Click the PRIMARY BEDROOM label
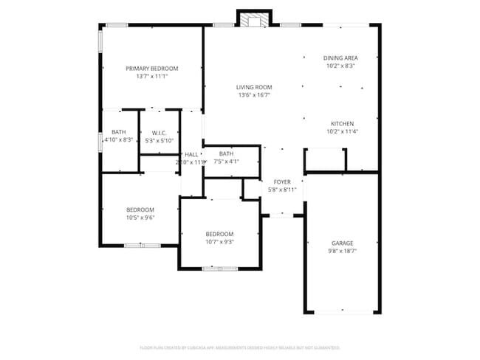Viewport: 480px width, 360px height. [x=151, y=69]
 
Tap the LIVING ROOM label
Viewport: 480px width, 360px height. [x=254, y=87]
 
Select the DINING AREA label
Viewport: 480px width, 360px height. [x=340, y=58]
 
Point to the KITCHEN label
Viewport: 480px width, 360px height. [x=341, y=124]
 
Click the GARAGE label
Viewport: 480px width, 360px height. [x=342, y=243]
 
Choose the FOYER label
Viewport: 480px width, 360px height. [x=282, y=181]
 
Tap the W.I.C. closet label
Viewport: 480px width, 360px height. [x=159, y=133]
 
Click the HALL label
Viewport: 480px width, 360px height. [x=191, y=154]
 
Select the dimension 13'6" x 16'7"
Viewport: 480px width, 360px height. [x=254, y=95]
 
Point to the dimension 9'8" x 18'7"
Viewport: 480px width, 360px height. [x=342, y=252]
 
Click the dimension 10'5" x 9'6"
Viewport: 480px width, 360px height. [x=140, y=218]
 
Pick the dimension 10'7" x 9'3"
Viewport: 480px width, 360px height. [x=219, y=242]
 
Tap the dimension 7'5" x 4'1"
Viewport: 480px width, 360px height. [x=226, y=162]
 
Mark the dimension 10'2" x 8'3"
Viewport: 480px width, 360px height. [x=340, y=66]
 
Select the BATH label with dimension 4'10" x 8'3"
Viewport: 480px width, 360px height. [x=118, y=132]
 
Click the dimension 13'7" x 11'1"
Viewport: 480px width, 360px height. [x=151, y=77]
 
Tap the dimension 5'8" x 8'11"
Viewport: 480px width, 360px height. [x=282, y=190]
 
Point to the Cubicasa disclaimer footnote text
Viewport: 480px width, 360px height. [x=239, y=347]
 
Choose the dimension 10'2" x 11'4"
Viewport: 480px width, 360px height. [x=341, y=132]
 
